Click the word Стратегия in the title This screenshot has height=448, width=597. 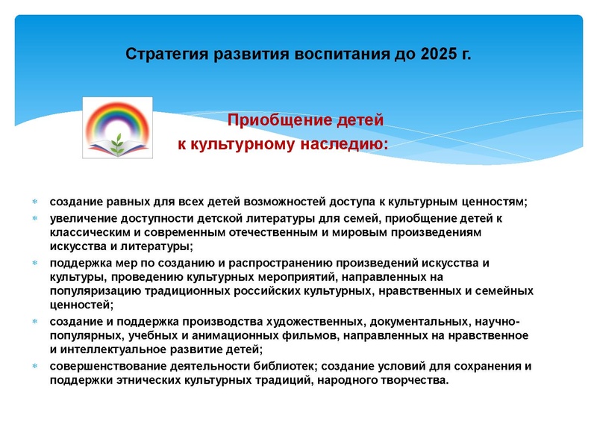tap(166, 55)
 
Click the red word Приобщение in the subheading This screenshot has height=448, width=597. tap(269, 120)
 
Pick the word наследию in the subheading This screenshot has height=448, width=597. tap(348, 142)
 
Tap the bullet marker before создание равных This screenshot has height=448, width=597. tap(34, 202)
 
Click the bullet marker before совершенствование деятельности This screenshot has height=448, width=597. tap(34, 366)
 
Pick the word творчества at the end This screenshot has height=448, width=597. tap(415, 381)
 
